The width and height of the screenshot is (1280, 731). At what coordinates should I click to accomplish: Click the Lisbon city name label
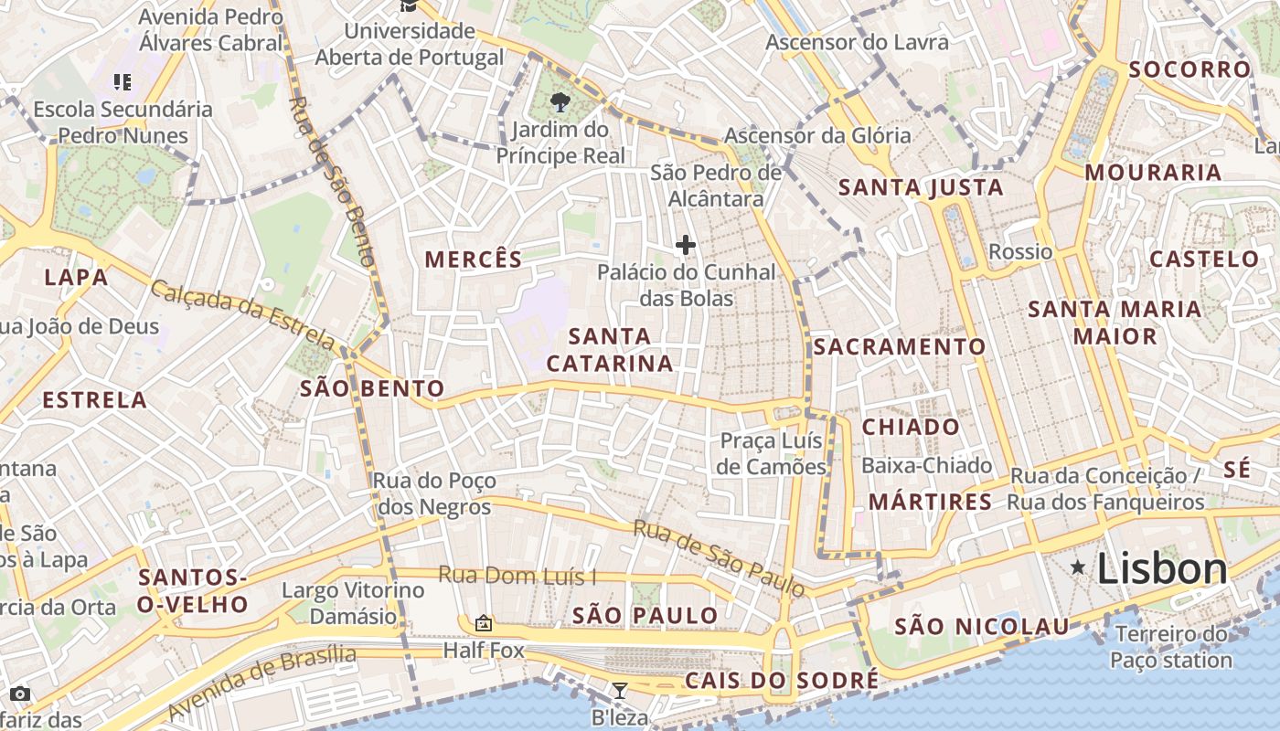pos(1161,569)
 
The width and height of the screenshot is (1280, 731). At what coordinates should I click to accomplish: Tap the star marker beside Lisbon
pos(1079,568)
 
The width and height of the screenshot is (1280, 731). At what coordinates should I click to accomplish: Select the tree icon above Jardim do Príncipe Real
pos(560,103)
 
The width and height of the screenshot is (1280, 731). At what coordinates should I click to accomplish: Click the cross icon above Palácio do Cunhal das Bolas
pos(686,245)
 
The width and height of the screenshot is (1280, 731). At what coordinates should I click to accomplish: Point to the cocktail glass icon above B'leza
pos(620,691)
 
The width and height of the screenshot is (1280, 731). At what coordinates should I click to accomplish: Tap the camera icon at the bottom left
pos(20,694)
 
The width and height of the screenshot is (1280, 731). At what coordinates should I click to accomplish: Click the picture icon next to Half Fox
pos(484,624)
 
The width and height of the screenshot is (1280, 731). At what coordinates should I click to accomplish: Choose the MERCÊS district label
pos(474,260)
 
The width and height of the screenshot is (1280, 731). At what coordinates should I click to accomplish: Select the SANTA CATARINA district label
pos(610,350)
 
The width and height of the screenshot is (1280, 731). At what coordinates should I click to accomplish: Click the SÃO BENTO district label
pos(372,389)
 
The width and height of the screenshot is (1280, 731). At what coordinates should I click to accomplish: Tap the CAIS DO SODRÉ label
pos(782,681)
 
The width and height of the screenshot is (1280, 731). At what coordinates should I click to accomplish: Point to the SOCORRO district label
pos(1189,69)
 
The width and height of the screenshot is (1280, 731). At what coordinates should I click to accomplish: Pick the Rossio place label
pos(1020,251)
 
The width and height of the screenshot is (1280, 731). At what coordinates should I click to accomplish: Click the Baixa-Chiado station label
pos(926,466)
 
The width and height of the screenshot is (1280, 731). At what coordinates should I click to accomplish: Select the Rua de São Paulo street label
pos(719,558)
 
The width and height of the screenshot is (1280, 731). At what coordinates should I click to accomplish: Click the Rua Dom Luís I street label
pos(517,576)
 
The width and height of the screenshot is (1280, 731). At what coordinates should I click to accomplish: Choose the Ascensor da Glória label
pos(817,136)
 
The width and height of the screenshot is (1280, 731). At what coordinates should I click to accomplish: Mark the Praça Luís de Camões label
pos(772,453)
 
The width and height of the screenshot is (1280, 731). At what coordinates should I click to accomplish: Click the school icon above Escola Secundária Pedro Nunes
pos(123,83)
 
